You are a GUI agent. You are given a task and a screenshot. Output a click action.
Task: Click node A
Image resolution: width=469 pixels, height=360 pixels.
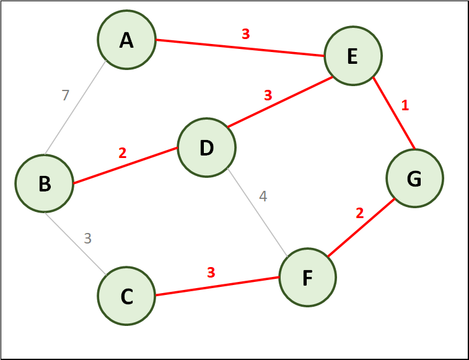click(x=126, y=40)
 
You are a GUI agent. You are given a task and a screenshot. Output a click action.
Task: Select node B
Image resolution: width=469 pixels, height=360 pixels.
click(x=45, y=183)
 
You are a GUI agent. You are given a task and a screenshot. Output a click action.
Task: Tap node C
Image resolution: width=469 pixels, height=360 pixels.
click(x=126, y=296)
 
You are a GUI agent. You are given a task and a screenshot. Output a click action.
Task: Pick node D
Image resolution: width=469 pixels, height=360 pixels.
click(x=206, y=148)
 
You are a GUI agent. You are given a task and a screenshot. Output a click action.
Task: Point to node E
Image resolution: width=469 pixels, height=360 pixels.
click(x=353, y=57)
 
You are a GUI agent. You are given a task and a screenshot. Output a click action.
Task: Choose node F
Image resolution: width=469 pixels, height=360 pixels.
click(x=307, y=278)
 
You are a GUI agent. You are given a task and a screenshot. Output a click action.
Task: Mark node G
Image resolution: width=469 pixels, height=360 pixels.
click(x=414, y=178)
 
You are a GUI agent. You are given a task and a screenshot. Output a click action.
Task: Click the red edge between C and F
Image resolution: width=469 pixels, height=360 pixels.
click(x=217, y=286)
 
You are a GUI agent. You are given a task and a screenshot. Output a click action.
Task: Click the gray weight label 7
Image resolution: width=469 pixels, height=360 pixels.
click(x=65, y=95)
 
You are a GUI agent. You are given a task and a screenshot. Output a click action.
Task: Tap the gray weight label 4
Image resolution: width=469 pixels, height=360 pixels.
click(x=263, y=196)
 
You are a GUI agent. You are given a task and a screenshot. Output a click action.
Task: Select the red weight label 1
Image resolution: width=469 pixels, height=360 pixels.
click(x=405, y=105)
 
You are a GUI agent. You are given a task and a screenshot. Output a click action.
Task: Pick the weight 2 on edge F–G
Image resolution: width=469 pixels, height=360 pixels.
click(x=360, y=213)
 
